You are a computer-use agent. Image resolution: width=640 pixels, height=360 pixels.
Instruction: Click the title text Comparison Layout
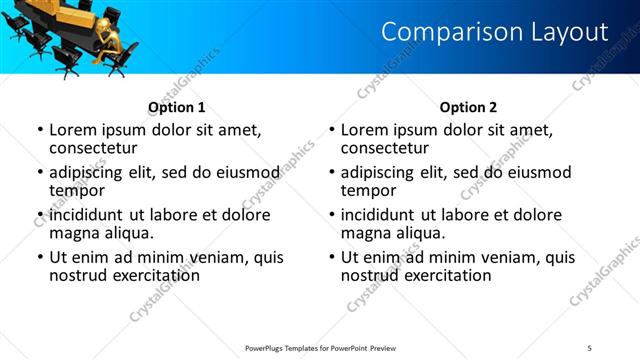pos(494,32)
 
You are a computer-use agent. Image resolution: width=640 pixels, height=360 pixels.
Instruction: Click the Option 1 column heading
pos(177,107)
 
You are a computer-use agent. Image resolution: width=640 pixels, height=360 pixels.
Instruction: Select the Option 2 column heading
pos(468,107)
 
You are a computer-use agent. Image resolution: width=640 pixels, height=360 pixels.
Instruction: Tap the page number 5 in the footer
pos(589,347)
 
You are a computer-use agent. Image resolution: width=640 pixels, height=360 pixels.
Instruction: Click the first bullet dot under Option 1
pos(40,131)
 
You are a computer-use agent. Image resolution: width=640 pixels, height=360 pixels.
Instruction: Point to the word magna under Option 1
pos(77,233)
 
